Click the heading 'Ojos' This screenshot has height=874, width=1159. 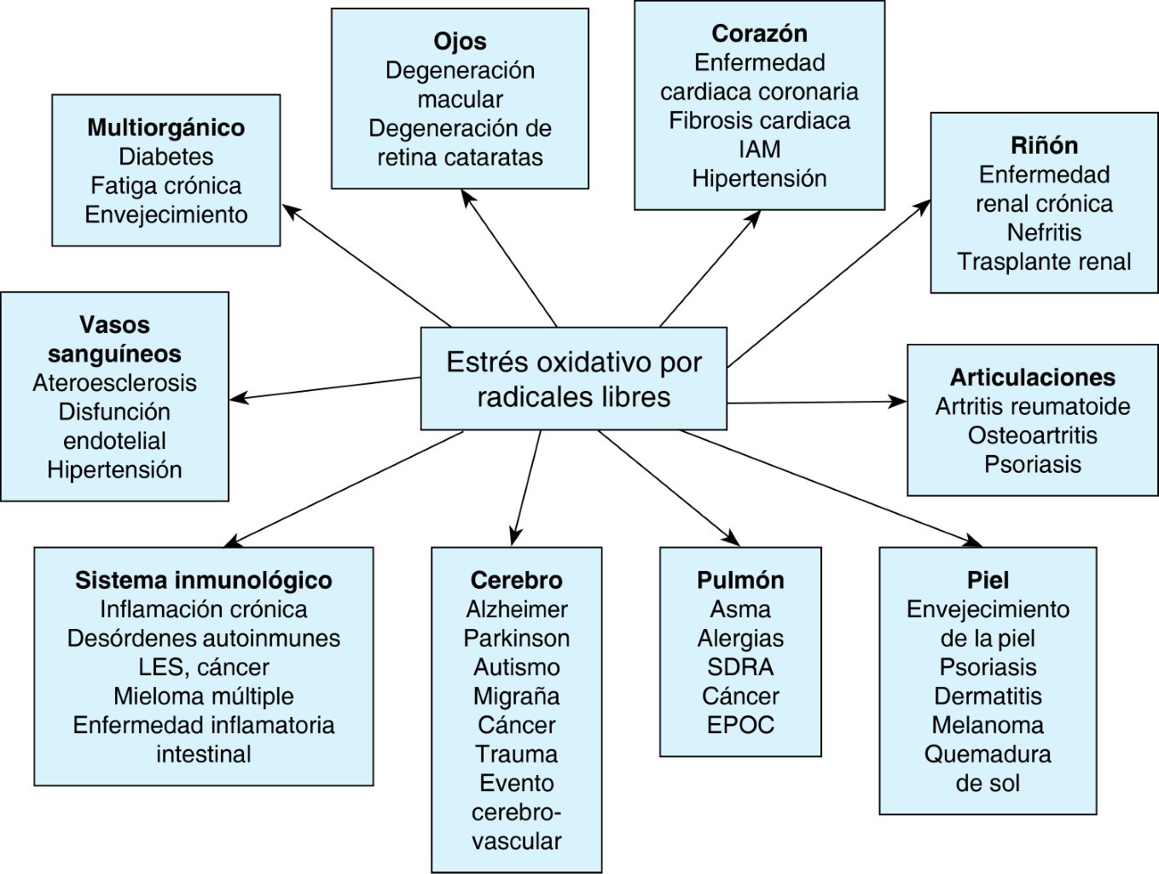click(460, 41)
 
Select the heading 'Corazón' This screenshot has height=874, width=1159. click(759, 33)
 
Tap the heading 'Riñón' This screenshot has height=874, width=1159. click(1044, 145)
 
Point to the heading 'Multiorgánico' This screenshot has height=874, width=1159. click(165, 128)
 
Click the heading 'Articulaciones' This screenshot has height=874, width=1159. click(1032, 377)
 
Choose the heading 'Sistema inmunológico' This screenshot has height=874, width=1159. click(203, 580)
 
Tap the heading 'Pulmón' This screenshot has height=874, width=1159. click(740, 580)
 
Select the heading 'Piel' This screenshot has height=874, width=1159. click(988, 580)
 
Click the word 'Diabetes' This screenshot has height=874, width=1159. click(165, 157)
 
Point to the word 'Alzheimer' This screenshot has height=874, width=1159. click(516, 609)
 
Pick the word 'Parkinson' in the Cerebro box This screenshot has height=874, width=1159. click(516, 638)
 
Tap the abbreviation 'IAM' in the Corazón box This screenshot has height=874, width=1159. click(759, 149)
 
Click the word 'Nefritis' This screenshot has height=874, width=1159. click(1044, 232)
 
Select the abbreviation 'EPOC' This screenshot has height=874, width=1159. click(740, 725)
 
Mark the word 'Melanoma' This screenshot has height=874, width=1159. click(988, 725)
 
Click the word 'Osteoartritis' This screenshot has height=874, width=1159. click(1032, 435)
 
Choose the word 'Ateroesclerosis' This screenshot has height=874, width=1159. click(114, 383)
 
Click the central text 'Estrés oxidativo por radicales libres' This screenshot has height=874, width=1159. click(573, 379)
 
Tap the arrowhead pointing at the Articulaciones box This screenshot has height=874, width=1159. click(899, 401)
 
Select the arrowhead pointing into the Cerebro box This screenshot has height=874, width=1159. click(514, 538)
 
